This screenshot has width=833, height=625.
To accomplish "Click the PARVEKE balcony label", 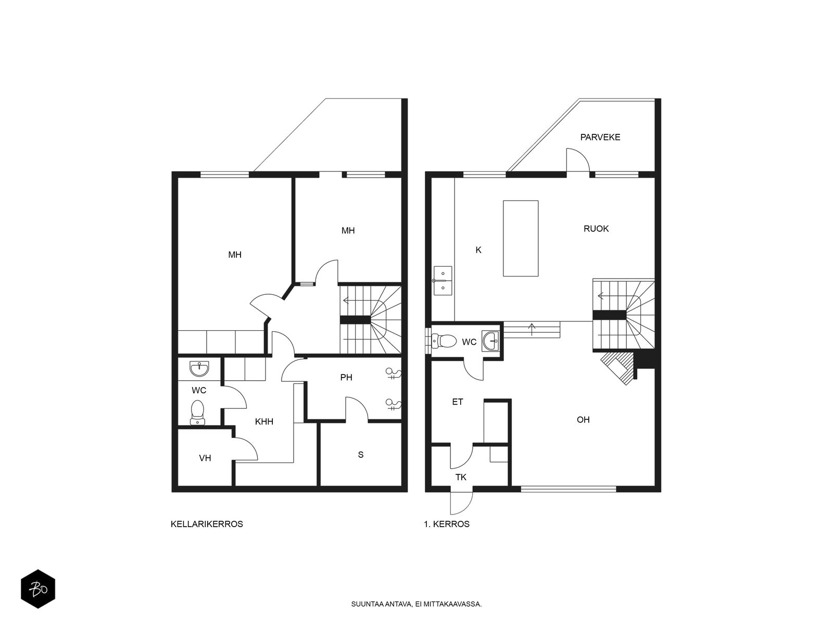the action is [x=600, y=137].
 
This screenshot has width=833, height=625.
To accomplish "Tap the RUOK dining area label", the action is [x=596, y=229].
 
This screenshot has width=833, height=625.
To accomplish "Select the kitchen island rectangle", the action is [x=520, y=239].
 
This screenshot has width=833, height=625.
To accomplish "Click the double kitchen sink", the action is [x=443, y=280].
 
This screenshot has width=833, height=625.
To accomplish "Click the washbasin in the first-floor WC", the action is [x=491, y=341].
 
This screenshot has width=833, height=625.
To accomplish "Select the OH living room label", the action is [x=583, y=419].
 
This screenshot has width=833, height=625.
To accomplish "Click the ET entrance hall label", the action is [x=457, y=402].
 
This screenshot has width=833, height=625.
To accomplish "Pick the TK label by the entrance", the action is [x=461, y=477].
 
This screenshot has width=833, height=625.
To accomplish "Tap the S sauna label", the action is [x=360, y=454].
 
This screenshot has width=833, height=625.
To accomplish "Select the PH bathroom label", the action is [x=346, y=377].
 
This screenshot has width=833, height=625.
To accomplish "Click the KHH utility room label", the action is [x=264, y=421].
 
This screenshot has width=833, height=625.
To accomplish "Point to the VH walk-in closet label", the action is [x=205, y=458].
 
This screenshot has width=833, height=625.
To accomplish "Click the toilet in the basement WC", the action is [x=197, y=412].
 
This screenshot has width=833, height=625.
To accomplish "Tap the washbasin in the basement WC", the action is [x=199, y=368].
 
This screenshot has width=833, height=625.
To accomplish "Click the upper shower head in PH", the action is [x=393, y=374].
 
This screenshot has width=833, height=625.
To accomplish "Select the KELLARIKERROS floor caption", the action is [x=207, y=524].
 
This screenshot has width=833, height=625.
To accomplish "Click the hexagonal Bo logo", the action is [x=38, y=589].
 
